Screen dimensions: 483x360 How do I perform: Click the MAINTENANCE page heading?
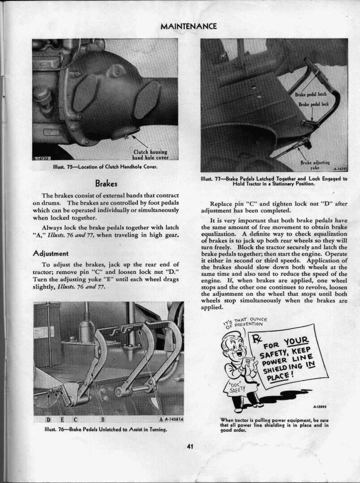coord(188,26)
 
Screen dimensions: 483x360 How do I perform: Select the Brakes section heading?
coord(106,183)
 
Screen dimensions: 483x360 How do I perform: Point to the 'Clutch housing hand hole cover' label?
coord(150,155)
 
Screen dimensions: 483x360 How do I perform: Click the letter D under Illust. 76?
coord(47,419)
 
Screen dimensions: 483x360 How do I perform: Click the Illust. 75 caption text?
coord(105,167)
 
